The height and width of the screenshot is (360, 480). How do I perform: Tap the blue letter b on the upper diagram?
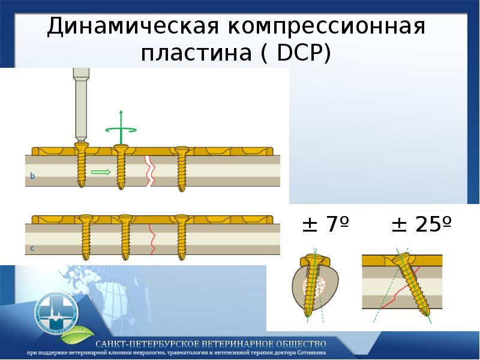pyautogui.click(x=32, y=176)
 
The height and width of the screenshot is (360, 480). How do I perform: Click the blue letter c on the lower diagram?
pyautogui.click(x=32, y=247)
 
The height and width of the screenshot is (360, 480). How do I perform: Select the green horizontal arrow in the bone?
pyautogui.click(x=101, y=173)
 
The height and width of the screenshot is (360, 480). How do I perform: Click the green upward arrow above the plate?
pyautogui.click(x=121, y=122)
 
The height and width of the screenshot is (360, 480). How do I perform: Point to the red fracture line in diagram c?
pyautogui.click(x=152, y=240)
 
